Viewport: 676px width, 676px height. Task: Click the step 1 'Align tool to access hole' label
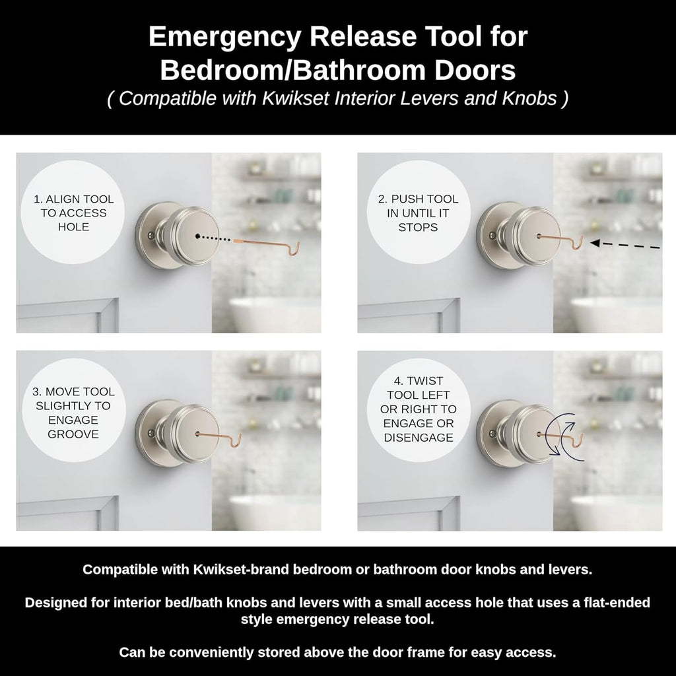point(73,213)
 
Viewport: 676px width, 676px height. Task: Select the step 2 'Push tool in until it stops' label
point(418,213)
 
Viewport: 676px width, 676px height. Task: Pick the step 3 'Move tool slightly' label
point(73,413)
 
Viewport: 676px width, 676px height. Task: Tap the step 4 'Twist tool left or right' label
point(418,409)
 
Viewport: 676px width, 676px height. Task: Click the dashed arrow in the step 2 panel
point(625,245)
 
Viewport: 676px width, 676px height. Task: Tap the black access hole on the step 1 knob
point(197,236)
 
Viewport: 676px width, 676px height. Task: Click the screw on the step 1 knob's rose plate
point(150,236)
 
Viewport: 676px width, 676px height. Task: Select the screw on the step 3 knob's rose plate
point(150,433)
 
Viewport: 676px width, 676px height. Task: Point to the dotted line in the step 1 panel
point(217,238)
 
